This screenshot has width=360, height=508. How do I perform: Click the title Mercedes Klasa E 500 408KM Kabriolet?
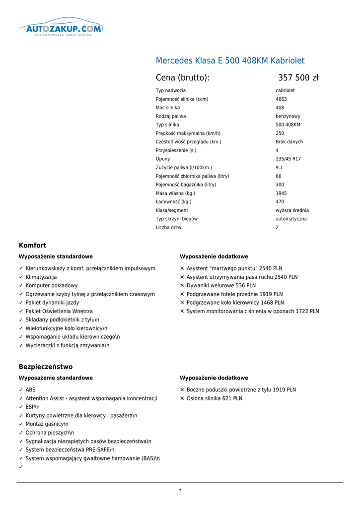230,61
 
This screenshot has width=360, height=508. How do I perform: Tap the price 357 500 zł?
298,78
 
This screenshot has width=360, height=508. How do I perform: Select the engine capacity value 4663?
281,99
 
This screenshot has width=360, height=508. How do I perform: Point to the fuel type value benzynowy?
288,116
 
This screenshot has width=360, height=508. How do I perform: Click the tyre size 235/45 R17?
288,159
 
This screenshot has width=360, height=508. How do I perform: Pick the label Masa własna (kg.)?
175,193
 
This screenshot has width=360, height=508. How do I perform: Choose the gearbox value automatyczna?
291,219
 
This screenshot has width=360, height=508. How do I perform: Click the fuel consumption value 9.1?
279,168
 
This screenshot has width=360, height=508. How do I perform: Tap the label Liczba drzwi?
169,227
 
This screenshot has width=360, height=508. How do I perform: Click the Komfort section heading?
32,246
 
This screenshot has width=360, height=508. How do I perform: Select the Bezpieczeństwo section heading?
46,367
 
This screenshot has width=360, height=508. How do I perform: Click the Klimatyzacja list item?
41,277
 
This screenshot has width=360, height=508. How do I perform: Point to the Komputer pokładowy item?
52,286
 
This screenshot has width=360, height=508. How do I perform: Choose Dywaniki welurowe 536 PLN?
221,286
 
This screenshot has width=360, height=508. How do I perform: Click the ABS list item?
30,390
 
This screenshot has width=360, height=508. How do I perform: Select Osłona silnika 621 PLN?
215,398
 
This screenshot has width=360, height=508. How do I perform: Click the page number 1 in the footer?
180,491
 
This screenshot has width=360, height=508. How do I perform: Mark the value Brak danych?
289,142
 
